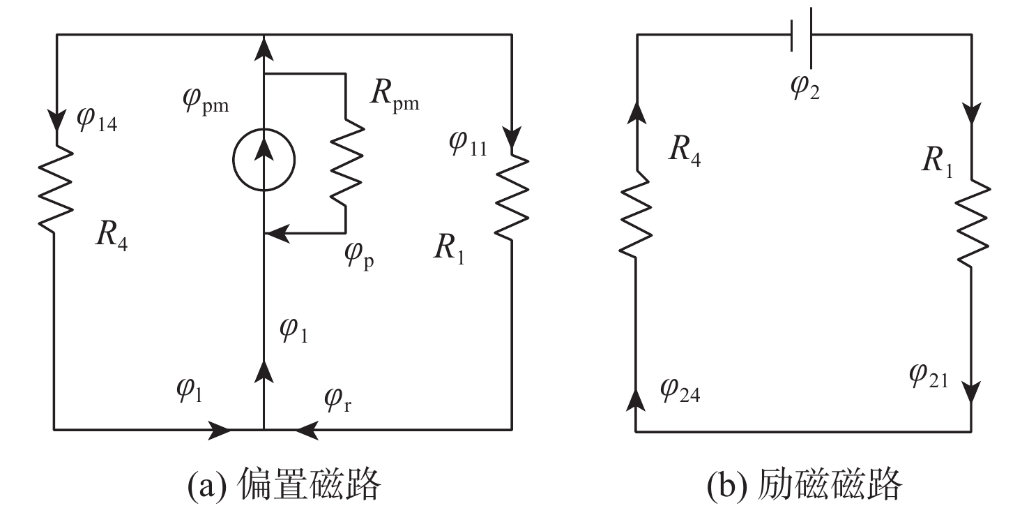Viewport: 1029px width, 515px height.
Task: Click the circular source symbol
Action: [264, 159]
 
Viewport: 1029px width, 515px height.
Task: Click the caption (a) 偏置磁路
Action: [284, 484]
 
